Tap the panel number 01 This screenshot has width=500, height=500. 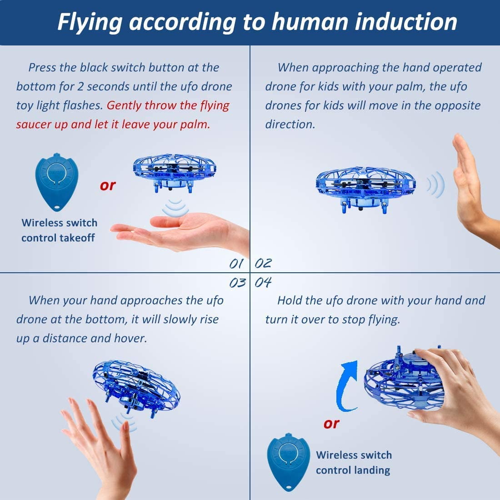point(236,264)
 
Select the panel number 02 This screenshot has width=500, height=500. point(263,263)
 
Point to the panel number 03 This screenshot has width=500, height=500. point(237,283)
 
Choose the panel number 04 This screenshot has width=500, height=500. point(263,283)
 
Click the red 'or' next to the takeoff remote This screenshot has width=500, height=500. point(108,185)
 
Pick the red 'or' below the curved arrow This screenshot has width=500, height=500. point(331,424)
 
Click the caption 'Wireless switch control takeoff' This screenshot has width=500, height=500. point(59,230)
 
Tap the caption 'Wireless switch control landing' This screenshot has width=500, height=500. point(354,462)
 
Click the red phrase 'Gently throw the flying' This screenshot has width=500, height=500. point(168,105)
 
